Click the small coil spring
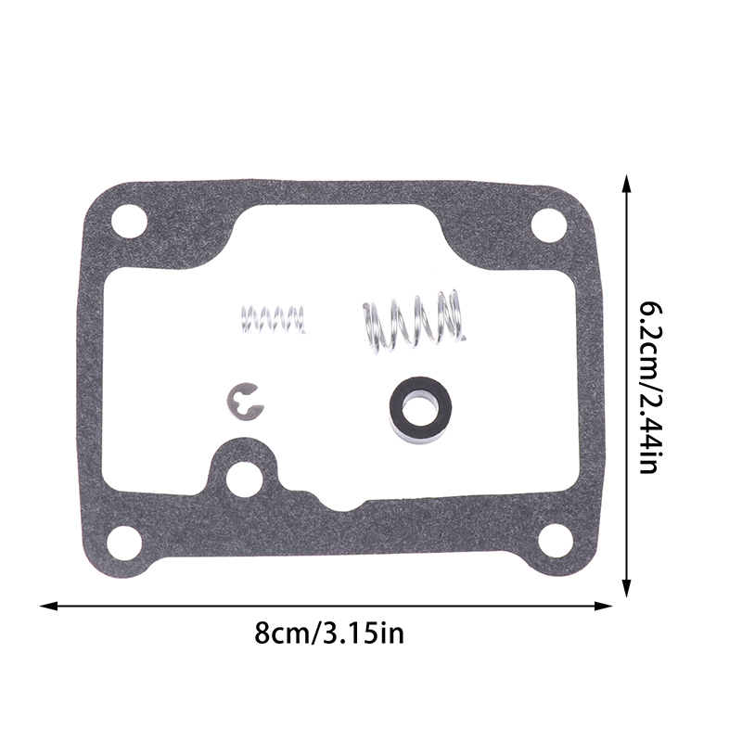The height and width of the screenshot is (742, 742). pos(273,319)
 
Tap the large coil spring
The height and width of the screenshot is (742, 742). pos(414,322)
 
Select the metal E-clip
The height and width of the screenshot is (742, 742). pos(244,402)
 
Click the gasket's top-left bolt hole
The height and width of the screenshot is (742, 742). pos(128,222)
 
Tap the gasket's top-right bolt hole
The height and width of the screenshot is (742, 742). pos(548,224)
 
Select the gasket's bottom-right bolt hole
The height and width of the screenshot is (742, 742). pos(555,542)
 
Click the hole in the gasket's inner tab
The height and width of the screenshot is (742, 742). pos(243,480)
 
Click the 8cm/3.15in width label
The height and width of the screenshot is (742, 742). pos(329,633)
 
